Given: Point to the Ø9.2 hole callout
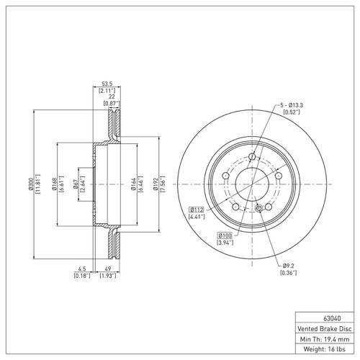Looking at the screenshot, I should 287,266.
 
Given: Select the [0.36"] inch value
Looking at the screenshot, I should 287,273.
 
